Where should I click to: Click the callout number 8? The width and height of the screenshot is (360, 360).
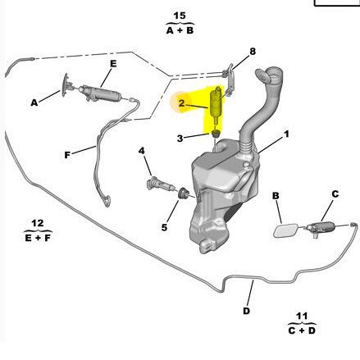pos(253,51)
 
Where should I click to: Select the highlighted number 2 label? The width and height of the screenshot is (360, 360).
pos(182,103)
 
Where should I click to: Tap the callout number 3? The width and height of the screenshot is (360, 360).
pos(180,139)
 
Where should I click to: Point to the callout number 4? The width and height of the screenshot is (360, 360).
pos(141,151)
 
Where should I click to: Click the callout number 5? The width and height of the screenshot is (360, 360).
pos(164,227)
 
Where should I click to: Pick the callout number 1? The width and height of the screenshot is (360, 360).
pos(286,134)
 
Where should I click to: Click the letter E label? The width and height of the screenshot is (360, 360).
pos(113,64)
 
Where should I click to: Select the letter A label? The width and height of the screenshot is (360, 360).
pos(34,103)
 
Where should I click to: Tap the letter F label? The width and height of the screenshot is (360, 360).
pos(67,155)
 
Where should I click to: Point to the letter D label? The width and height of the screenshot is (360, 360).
pos(246,311)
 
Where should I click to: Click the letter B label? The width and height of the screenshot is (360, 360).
pos(276,196)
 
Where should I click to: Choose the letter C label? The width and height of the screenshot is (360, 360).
pos(335,194)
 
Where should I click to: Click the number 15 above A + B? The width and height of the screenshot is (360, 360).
pos(180,16)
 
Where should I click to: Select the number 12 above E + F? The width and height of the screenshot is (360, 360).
pos(38,223)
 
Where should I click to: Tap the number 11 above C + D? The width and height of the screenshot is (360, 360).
pos(302,317)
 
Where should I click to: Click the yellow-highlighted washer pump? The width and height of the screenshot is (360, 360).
pos(216,105)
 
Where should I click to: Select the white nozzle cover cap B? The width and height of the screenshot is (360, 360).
pos(285,230)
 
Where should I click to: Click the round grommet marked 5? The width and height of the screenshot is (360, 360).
pos(183,194)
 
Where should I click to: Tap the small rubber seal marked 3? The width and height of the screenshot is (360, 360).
pos(216,134)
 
